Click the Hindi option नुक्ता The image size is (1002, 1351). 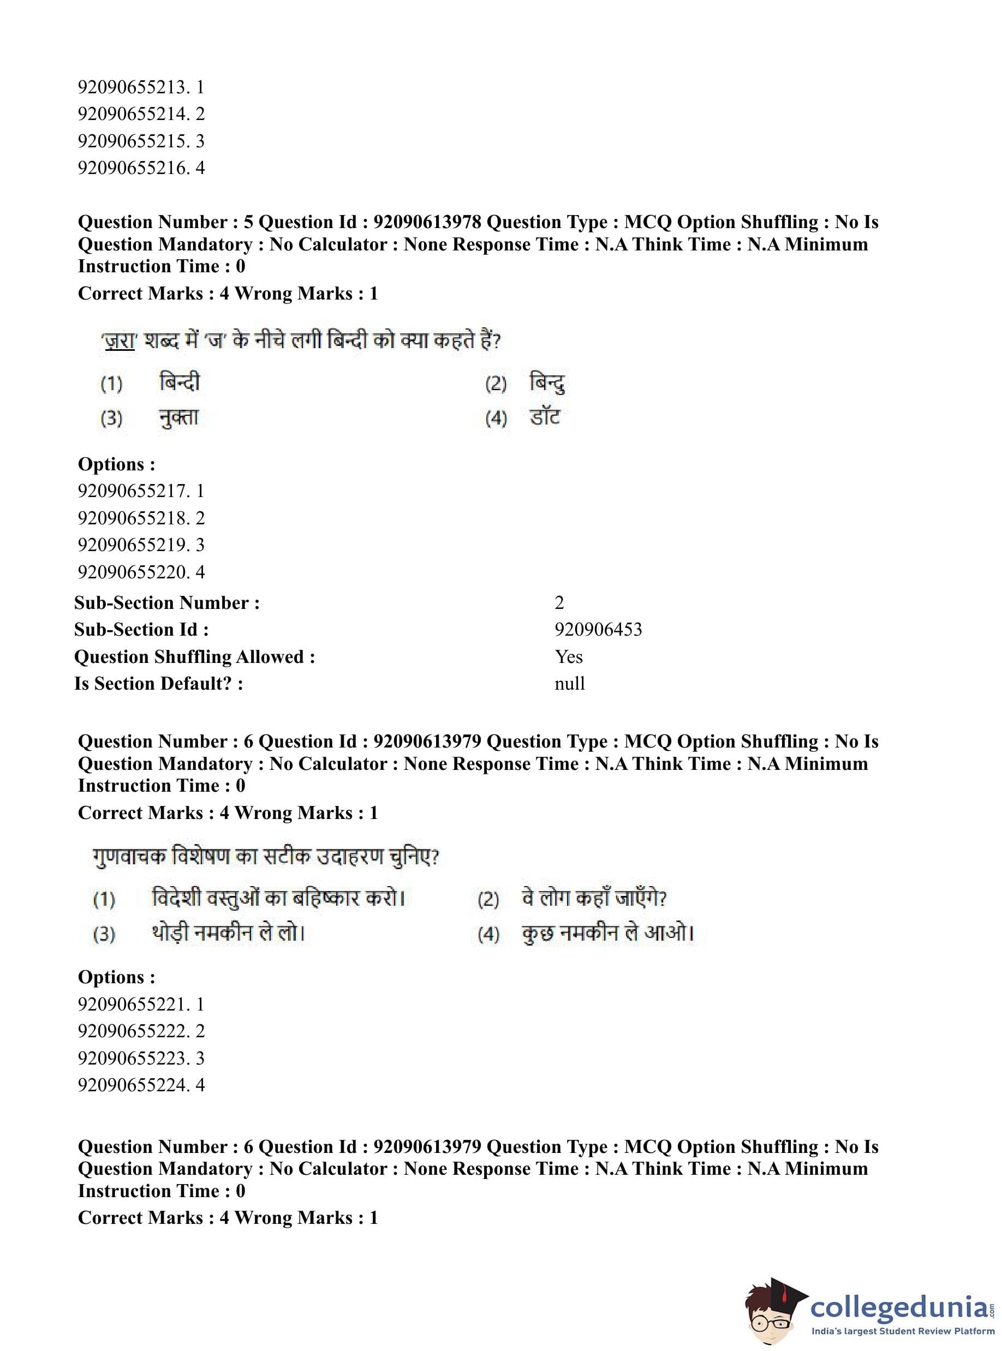[x=178, y=418]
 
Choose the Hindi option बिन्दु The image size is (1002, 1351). [x=547, y=382]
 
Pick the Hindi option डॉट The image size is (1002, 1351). [x=545, y=418]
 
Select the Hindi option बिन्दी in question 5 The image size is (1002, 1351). [x=180, y=382]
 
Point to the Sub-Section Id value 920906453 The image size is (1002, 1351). [x=598, y=630]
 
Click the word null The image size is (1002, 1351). [x=570, y=683]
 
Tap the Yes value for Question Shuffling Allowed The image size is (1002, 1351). [x=568, y=657]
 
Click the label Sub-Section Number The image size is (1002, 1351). [x=167, y=603]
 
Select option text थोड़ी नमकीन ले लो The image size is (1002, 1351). [x=228, y=933]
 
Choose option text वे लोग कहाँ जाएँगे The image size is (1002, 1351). [x=594, y=898]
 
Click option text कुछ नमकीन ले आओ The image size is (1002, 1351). [x=608, y=933]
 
